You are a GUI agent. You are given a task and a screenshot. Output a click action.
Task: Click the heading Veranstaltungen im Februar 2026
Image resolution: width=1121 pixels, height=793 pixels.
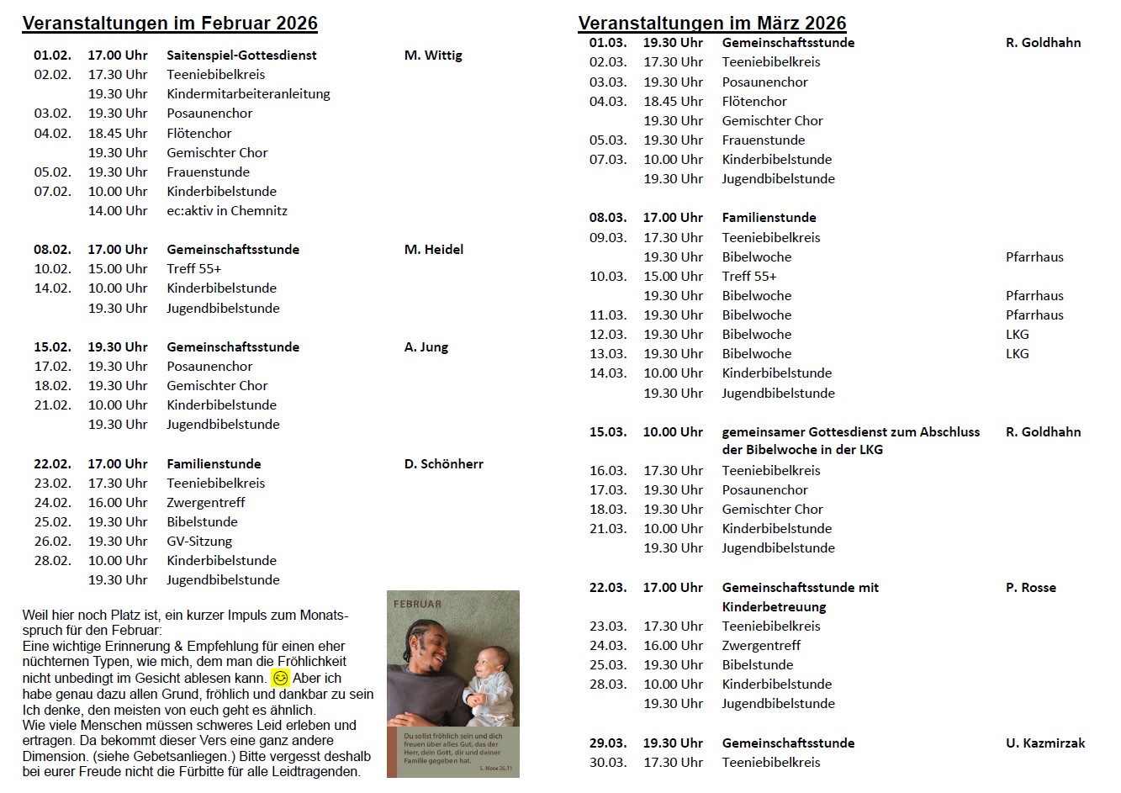170,24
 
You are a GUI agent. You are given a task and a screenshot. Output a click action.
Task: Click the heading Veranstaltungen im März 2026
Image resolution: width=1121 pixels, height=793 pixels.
712,24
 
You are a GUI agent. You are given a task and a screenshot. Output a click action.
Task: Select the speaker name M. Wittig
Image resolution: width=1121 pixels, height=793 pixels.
433,56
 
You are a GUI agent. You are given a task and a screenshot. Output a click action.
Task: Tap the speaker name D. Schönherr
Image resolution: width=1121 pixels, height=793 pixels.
444,464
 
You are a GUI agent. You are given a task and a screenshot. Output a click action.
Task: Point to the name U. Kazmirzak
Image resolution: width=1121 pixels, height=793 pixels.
1045,743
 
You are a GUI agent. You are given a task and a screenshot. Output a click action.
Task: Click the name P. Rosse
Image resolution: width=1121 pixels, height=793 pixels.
1031,588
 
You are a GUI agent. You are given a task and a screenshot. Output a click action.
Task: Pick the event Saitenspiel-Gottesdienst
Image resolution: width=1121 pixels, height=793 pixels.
241,56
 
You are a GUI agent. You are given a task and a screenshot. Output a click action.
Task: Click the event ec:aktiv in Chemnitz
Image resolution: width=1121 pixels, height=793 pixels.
227,211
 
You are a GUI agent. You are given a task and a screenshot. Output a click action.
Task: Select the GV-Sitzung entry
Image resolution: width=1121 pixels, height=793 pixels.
199,542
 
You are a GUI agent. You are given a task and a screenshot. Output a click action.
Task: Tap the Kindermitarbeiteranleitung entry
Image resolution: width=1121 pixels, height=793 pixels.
248,94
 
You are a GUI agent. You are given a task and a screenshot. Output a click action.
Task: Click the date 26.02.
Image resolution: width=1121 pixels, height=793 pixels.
52,542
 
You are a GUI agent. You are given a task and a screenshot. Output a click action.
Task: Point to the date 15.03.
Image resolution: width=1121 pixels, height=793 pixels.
608,432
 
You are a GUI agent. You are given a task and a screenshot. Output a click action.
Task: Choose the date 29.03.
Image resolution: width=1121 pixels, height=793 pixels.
608,743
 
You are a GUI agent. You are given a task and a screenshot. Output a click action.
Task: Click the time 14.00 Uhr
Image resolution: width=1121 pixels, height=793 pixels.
118,211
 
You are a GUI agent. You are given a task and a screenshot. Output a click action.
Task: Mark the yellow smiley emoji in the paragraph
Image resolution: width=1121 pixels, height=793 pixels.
280,678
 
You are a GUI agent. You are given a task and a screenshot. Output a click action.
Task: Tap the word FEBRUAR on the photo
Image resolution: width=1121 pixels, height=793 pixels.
417,604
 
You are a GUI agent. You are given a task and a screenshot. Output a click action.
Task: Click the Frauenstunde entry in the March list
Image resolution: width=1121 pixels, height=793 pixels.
764,140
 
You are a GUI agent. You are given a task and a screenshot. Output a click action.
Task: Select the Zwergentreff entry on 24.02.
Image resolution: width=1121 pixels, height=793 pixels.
207,503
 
